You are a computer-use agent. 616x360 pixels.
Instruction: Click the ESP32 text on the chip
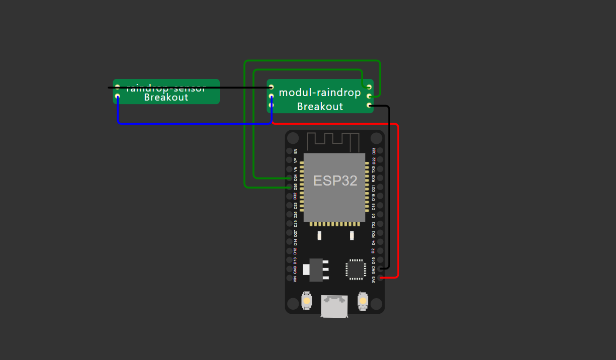pyautogui.click(x=335, y=181)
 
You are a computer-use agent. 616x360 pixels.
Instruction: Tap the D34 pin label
pyautogui.click(x=295, y=177)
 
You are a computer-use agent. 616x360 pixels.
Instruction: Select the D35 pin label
pyautogui.click(x=295, y=187)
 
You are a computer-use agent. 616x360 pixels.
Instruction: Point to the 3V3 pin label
pyautogui.click(x=373, y=278)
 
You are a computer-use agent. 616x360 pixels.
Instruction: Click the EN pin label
pyautogui.click(x=295, y=151)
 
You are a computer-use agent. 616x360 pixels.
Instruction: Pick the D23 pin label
pyautogui.click(x=373, y=151)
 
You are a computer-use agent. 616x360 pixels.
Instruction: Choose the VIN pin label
pyautogui.click(x=295, y=278)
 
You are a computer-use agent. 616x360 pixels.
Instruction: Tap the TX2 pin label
pyautogui.click(x=373, y=224)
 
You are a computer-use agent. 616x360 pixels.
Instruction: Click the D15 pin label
pyautogui.click(x=373, y=260)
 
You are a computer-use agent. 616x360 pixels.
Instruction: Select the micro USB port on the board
pyautogui.click(x=334, y=306)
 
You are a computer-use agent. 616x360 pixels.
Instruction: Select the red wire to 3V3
pyautogui.click(x=398, y=201)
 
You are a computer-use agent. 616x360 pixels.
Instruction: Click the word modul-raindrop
pyautogui.click(x=320, y=93)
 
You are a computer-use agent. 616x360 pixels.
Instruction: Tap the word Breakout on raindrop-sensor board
pyautogui.click(x=166, y=98)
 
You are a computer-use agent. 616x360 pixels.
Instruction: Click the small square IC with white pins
pyautogui.click(x=355, y=269)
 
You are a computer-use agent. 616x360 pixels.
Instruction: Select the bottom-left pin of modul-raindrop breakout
pyautogui.click(x=271, y=105)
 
